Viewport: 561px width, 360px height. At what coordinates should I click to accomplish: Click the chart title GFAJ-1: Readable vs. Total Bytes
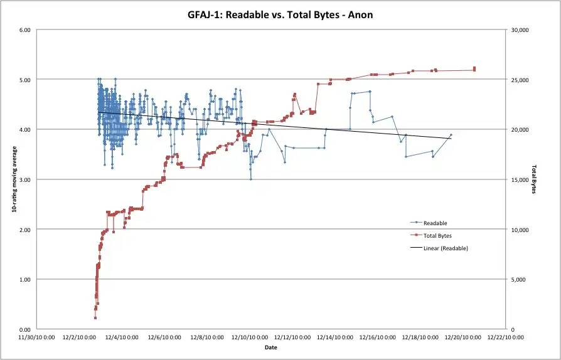(280, 14)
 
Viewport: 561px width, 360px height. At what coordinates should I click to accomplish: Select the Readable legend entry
(435, 223)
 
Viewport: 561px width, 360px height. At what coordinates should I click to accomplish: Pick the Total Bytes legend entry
(437, 236)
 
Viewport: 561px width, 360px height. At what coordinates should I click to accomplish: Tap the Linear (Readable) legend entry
(446, 248)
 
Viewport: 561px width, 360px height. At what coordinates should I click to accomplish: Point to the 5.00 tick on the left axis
(24, 80)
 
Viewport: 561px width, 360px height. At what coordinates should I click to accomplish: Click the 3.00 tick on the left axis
(24, 179)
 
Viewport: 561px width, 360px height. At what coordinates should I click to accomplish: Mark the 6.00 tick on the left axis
(24, 29)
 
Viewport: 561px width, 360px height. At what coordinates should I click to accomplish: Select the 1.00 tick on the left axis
(24, 279)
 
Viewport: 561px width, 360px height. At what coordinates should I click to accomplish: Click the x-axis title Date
(270, 347)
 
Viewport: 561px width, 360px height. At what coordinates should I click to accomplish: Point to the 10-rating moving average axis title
(14, 179)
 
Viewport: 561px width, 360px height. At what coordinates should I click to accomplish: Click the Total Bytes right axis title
(535, 179)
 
